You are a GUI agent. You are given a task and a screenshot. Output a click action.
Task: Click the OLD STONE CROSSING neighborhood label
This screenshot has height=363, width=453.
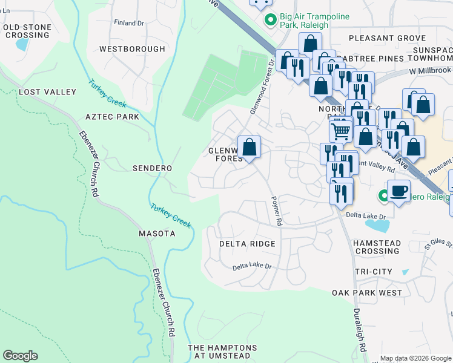click(27, 31)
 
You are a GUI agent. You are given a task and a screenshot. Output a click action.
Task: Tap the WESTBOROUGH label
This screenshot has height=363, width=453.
click(132, 49)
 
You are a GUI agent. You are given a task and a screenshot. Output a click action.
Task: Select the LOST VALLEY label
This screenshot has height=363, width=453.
click(48, 92)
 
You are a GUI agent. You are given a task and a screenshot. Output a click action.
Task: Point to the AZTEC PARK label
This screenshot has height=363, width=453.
click(112, 117)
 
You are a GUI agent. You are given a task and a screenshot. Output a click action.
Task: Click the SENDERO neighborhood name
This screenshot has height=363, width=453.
click(153, 168)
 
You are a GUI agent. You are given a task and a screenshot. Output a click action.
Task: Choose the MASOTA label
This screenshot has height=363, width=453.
click(157, 234)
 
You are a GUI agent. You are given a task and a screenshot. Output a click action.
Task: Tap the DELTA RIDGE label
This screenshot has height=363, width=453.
click(247, 244)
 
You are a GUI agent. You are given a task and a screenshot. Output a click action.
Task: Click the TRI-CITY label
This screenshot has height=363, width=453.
click(374, 272)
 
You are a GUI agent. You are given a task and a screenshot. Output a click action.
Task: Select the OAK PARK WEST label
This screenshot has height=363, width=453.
click(367, 293)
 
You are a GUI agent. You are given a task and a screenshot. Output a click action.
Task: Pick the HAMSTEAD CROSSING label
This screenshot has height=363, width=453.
click(378, 247)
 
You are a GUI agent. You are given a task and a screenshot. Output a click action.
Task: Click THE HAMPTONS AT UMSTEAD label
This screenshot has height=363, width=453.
click(222, 352)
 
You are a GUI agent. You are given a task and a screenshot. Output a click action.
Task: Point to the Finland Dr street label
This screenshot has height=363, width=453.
click(129, 23)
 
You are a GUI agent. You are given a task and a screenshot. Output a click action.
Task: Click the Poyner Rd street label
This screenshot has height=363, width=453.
click(277, 211)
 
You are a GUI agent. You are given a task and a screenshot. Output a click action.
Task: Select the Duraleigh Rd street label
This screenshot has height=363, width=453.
click(360, 330)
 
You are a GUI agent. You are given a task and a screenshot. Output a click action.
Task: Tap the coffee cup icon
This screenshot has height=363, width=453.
click(398, 192)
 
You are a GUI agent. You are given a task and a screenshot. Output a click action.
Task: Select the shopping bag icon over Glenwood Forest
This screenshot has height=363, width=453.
click(249, 147)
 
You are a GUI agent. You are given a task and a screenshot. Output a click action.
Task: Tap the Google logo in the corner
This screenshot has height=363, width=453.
click(20, 356)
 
